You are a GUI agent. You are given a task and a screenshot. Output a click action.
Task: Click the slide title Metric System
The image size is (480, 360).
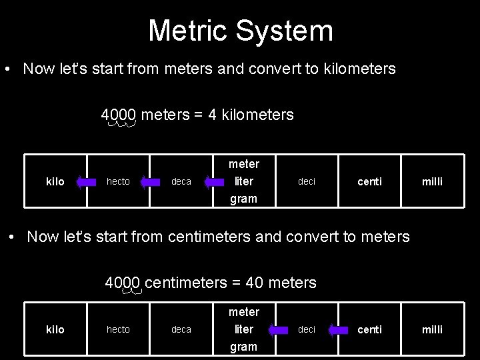[240, 31]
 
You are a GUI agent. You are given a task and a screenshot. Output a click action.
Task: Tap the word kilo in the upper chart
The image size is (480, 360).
[55, 182]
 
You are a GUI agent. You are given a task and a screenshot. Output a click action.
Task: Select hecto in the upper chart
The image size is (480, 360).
[118, 181]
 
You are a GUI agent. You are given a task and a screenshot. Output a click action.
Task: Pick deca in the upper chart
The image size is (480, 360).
[181, 182]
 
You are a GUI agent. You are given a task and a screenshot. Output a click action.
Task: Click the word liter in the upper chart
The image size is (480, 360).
[243, 181]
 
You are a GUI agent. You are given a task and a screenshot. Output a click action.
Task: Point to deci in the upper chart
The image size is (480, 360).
[307, 181]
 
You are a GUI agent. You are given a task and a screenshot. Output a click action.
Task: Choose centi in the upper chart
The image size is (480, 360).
[370, 182]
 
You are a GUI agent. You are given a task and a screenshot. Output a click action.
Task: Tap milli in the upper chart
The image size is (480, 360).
[432, 182]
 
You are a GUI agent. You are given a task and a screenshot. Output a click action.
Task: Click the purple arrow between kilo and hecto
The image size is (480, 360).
[87, 181]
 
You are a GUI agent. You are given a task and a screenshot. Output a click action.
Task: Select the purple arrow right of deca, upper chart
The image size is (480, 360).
[214, 181]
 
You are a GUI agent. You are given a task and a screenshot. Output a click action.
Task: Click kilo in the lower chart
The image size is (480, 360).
[55, 330]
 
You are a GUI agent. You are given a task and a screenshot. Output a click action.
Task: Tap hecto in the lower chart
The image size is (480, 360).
[118, 329]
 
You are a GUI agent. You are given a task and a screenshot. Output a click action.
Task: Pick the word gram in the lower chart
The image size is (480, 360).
[243, 347]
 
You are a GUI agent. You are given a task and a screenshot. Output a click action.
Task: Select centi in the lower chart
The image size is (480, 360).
[370, 330]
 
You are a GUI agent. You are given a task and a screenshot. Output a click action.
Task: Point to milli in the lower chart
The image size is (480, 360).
[432, 330]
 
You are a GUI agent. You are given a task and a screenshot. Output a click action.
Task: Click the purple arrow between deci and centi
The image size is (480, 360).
[340, 329]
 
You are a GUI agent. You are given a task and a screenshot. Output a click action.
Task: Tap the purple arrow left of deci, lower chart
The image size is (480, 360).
[275, 329]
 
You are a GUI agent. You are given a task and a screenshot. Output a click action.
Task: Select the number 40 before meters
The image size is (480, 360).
[254, 283]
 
